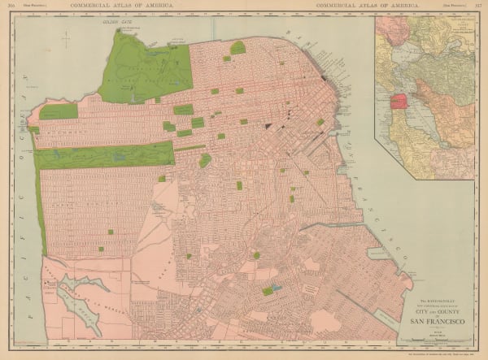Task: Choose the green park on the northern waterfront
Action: (x=237, y=48)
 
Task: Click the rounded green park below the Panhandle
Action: (x=205, y=160)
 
